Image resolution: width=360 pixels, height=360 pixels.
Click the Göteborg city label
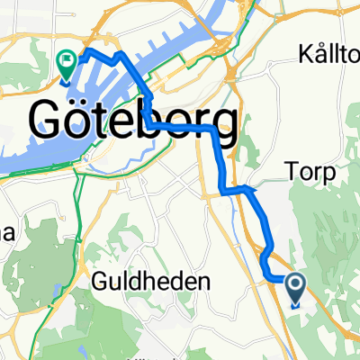pyautogui.click(x=135, y=121)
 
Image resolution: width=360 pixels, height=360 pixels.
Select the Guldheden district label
pyautogui.click(x=152, y=282)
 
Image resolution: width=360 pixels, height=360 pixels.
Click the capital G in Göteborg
pyautogui.click(x=51, y=121)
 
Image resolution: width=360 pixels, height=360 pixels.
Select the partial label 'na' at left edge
pyautogui.click(x=7, y=234)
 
